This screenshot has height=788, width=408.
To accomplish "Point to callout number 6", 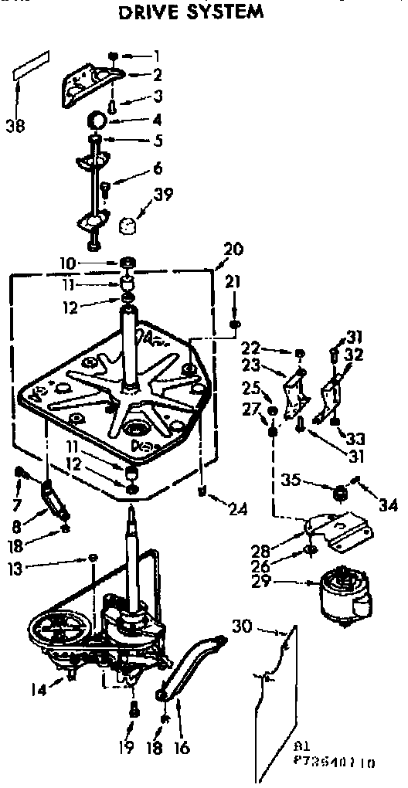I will [x=158, y=167].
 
